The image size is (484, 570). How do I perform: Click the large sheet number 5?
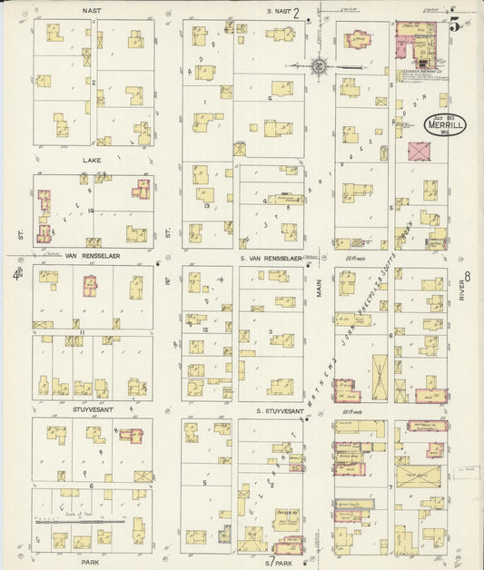[453, 25]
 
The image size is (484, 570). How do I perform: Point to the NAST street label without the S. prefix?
[91, 10]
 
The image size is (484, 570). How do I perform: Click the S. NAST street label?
[279, 11]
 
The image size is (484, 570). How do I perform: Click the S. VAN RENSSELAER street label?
[271, 258]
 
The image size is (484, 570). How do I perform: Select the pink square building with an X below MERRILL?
[420, 153]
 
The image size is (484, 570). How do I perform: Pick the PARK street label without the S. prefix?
[91, 562]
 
